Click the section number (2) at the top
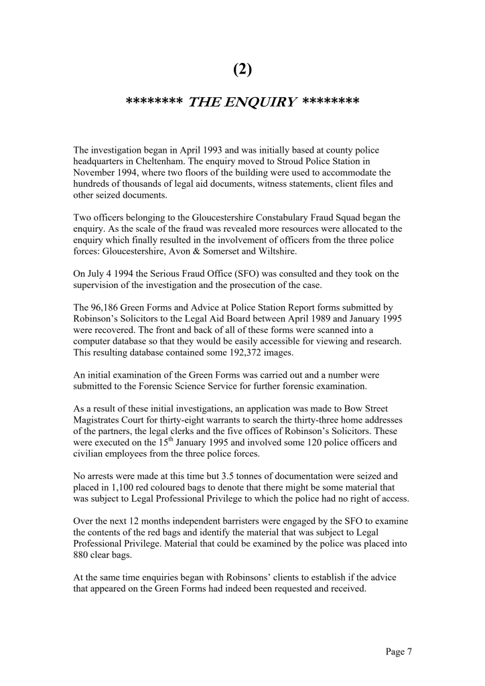(x=242, y=68)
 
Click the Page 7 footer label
(x=399, y=651)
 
